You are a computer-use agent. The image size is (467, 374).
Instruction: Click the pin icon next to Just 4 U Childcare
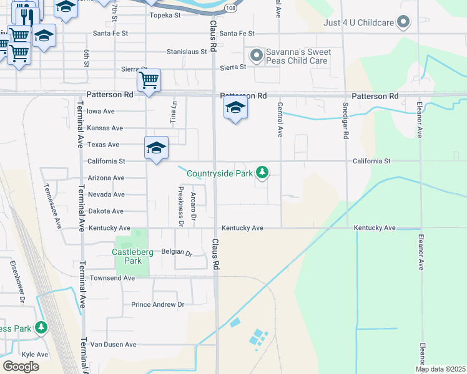point(404,22)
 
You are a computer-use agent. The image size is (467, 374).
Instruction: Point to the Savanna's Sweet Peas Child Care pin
point(255,56)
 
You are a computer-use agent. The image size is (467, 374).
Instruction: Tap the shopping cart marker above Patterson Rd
point(149,80)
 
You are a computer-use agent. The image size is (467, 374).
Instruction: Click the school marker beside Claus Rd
point(235,108)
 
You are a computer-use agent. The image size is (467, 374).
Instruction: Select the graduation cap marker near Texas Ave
point(156,148)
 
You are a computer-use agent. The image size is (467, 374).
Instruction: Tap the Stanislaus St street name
point(186,52)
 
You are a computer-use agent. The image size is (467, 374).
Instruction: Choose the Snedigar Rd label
point(345,119)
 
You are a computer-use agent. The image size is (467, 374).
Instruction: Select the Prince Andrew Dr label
point(158,305)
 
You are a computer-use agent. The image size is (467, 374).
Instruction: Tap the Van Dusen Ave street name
point(113,344)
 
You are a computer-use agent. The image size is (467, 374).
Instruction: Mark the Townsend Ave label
point(112,277)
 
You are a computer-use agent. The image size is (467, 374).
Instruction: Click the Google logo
point(21,367)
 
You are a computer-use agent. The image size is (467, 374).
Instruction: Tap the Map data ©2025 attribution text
point(440,369)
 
